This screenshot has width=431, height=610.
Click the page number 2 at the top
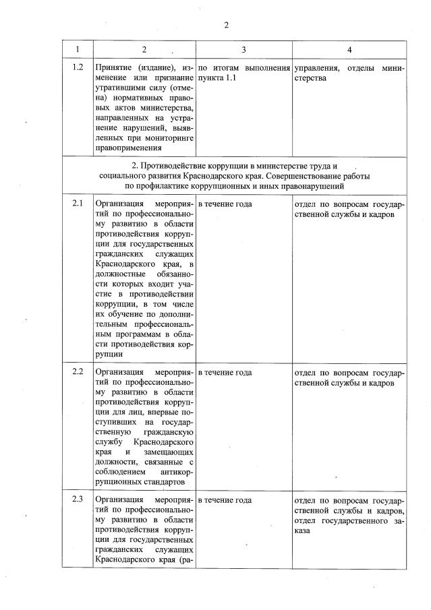point(227,25)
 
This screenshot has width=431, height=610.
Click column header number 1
point(77,50)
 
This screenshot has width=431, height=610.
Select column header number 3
point(243,50)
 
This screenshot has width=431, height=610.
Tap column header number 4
point(349,50)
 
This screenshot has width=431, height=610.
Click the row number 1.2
point(77,68)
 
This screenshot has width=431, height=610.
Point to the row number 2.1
point(77,203)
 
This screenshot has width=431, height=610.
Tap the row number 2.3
point(77,500)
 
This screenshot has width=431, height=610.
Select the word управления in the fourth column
point(316,68)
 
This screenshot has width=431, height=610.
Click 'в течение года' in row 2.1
point(225,203)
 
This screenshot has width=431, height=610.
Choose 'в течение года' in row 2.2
point(225,372)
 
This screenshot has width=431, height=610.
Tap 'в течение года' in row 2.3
point(225,500)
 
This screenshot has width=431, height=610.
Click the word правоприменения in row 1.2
point(129,148)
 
